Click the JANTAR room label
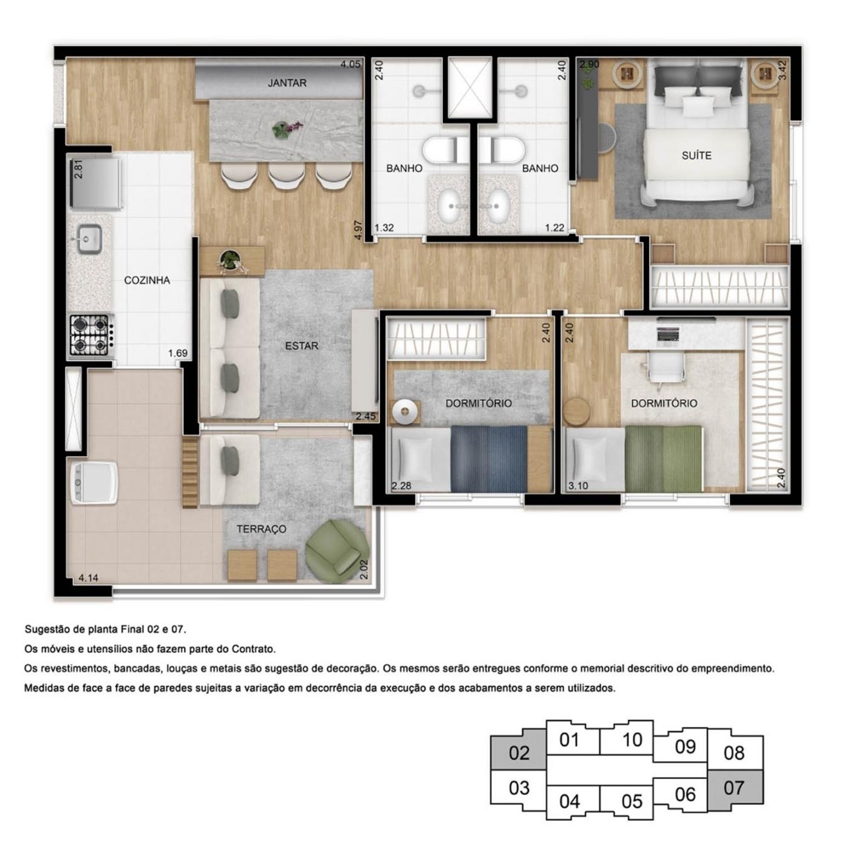[x=287, y=83]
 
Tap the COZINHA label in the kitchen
[x=147, y=280]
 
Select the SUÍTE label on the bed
[x=696, y=155]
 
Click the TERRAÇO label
[x=261, y=529]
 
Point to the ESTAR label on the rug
[x=301, y=346]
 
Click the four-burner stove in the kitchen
[x=89, y=335]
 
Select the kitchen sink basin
[x=89, y=238]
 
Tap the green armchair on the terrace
[x=336, y=551]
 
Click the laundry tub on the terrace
[x=94, y=482]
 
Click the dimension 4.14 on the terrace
[x=88, y=578]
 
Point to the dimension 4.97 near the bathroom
[x=359, y=231]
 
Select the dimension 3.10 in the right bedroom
[x=578, y=485]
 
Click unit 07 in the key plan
[x=734, y=788]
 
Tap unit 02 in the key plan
[x=519, y=753]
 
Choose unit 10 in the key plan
[x=632, y=740]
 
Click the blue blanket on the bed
[x=488, y=459]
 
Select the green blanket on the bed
[x=663, y=459]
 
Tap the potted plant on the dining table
[x=281, y=129]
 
